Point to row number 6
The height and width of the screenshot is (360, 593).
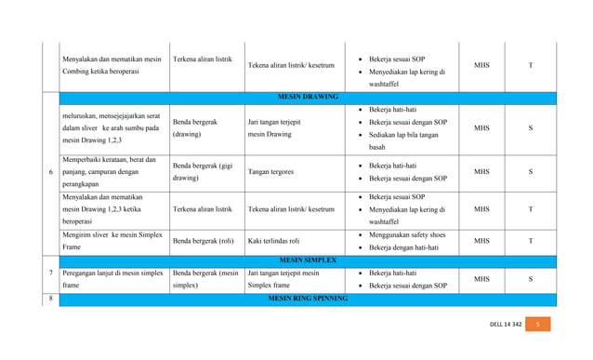coord(49,172)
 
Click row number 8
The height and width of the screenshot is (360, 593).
coord(49,299)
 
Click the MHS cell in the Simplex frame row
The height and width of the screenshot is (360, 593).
coord(481,278)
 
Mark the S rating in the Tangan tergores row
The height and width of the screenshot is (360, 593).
coord(530,172)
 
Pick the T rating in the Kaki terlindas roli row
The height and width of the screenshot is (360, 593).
coord(530,241)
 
